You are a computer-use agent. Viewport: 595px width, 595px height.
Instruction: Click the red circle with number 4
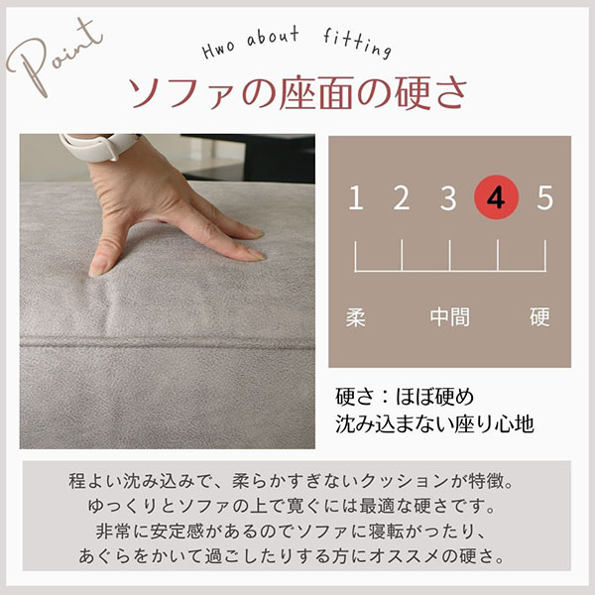pyautogui.click(x=497, y=197)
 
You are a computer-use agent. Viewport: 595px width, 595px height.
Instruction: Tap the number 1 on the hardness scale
pyautogui.click(x=356, y=197)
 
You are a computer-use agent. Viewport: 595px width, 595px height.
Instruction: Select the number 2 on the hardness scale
pyautogui.click(x=402, y=197)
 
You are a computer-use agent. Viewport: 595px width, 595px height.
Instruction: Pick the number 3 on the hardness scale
pyautogui.click(x=448, y=197)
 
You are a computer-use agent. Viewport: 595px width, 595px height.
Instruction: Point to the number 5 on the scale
pyautogui.click(x=544, y=197)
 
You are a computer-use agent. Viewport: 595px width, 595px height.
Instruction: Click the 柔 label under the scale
pyautogui.click(x=356, y=317)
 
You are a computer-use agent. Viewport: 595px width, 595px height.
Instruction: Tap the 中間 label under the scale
pyautogui.click(x=449, y=317)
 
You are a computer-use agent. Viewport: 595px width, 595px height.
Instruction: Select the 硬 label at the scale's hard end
pyautogui.click(x=539, y=317)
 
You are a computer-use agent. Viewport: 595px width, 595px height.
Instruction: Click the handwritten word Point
pyautogui.click(x=54, y=57)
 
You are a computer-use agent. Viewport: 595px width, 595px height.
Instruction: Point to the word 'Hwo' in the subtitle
pyautogui.click(x=218, y=50)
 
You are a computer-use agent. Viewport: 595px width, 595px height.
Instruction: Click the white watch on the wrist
pyautogui.click(x=99, y=146)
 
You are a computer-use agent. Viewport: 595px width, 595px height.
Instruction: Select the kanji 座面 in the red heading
pyautogui.click(x=317, y=93)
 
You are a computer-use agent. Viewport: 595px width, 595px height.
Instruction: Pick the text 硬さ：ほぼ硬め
pyautogui.click(x=405, y=397)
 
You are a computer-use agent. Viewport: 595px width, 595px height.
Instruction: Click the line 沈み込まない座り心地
pyautogui.click(x=435, y=423)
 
